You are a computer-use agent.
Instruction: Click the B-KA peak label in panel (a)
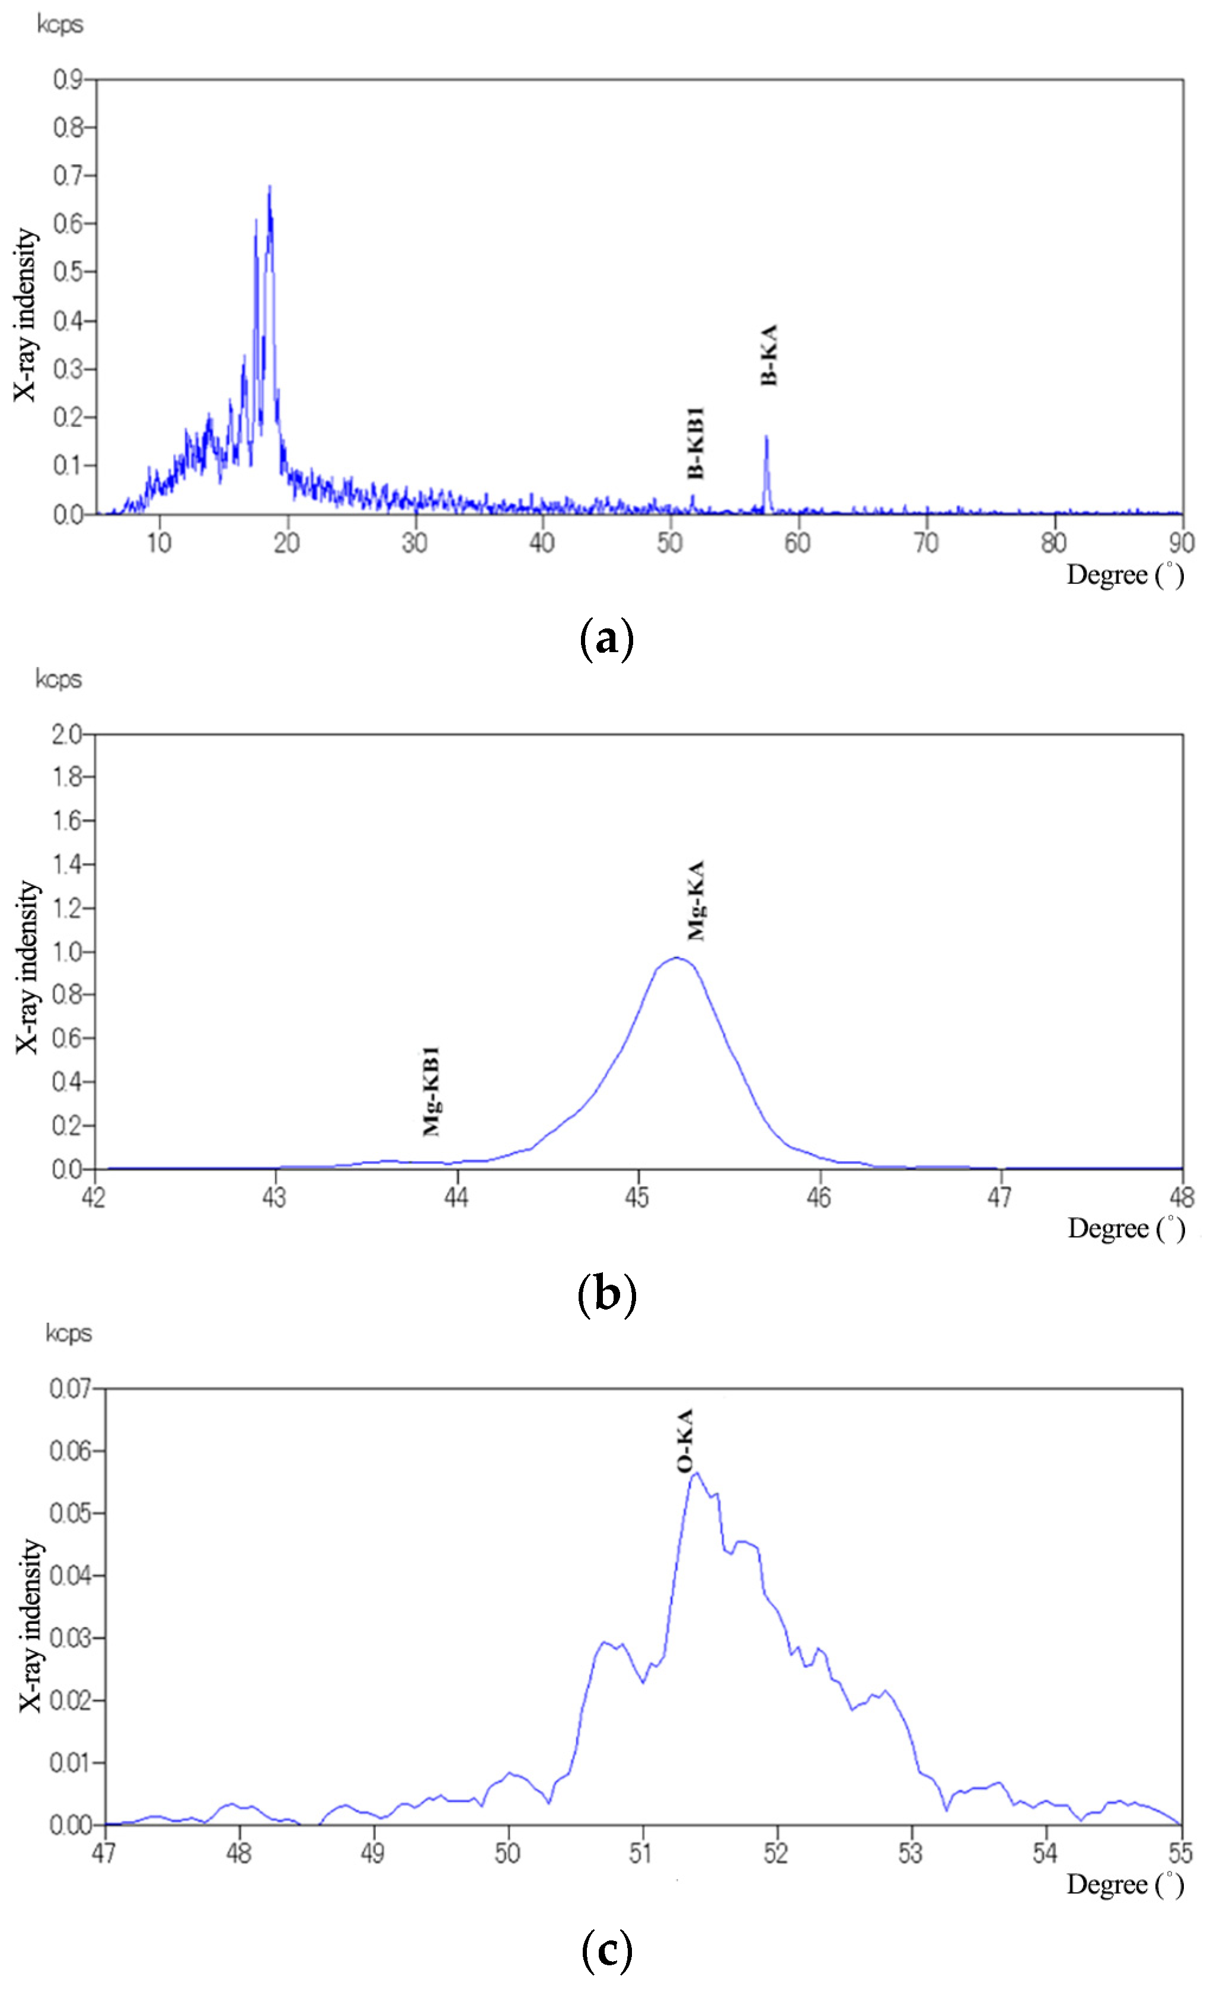click(769, 355)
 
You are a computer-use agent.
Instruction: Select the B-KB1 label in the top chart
click(695, 443)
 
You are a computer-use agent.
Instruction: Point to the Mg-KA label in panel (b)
click(695, 900)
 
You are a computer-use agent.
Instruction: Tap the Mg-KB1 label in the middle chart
click(431, 1091)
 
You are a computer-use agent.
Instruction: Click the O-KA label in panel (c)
click(685, 1441)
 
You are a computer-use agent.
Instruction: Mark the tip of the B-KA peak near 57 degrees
click(766, 437)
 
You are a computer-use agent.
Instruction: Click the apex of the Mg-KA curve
click(676, 957)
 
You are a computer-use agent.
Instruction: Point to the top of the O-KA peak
click(696, 1473)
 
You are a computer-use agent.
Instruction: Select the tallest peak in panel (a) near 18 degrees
click(269, 187)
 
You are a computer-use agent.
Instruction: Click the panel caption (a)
click(606, 639)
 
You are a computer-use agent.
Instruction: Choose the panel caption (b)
click(607, 1294)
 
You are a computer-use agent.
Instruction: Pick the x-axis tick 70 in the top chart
click(926, 543)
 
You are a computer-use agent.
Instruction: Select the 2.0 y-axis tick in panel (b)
click(66, 735)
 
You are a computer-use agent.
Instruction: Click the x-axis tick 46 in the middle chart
click(819, 1197)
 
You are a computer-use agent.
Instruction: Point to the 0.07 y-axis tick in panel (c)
click(70, 1388)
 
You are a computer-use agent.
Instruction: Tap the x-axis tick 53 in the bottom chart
click(911, 1853)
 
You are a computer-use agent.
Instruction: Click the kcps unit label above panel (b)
click(59, 679)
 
